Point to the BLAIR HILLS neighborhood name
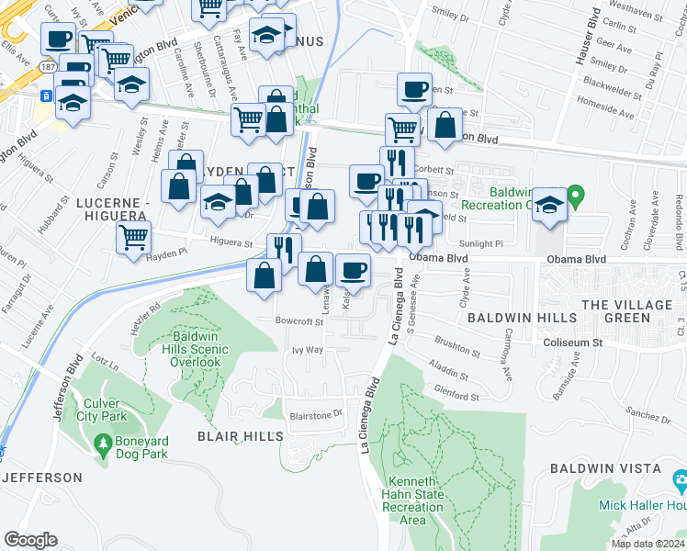[241, 436]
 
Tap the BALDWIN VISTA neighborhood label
[592, 468]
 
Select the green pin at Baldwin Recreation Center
[576, 196]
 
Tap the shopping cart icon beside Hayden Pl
[134, 238]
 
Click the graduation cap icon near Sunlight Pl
[549, 205]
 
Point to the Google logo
[30, 540]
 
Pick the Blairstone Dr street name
[315, 413]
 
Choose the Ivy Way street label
[308, 350]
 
